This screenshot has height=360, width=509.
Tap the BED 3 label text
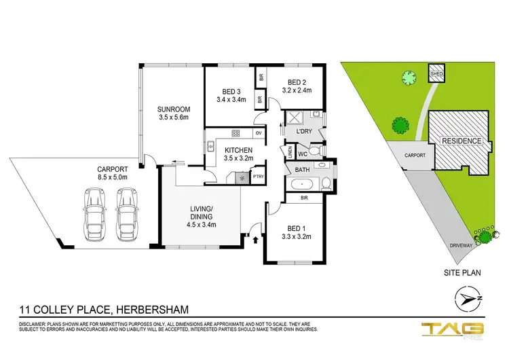tap(231, 92)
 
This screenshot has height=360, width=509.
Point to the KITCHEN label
tap(239, 149)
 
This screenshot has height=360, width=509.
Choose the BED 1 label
tap(295, 227)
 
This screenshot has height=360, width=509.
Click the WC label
tap(303, 154)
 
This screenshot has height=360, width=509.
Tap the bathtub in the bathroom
tap(299, 184)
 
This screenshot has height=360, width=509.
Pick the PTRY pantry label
tap(259, 177)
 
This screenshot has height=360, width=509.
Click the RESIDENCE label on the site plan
tap(461, 141)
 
